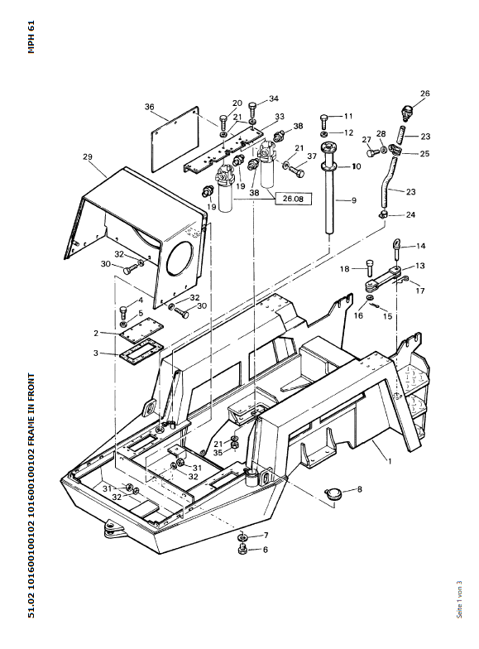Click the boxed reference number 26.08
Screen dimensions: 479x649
coord(293,199)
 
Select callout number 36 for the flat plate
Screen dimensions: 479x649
coord(149,107)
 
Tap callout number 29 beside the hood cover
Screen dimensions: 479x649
coord(88,157)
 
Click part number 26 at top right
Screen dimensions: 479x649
coord(425,93)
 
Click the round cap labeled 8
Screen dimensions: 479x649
coord(332,493)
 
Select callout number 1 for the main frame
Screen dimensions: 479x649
coord(389,460)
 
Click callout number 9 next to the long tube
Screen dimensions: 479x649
coord(354,200)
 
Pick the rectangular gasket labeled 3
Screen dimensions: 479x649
coord(141,353)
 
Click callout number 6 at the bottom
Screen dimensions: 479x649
coord(265,550)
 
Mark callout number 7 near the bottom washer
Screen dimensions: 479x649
coord(266,535)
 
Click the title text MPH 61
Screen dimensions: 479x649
coord(31,36)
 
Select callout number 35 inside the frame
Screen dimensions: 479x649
coord(218,453)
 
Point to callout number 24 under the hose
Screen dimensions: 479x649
coord(410,214)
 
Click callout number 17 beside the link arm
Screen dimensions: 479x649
coord(420,291)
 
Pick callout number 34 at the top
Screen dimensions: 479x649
coord(274,99)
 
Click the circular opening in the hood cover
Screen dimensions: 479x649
coord(180,258)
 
